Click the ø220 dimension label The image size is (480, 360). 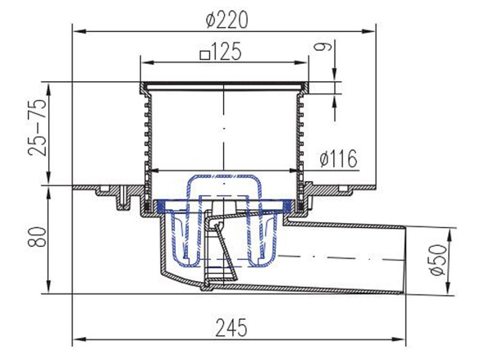click(226, 21)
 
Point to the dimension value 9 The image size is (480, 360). click(323, 46)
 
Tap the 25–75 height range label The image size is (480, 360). click(38, 127)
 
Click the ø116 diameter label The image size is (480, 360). click(338, 159)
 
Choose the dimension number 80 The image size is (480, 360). click(37, 236)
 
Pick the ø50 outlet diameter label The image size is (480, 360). click(438, 260)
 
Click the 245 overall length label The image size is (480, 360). click(231, 327)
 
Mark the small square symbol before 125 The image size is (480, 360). click(204, 56)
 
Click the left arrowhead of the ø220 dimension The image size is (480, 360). click(79, 31)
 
